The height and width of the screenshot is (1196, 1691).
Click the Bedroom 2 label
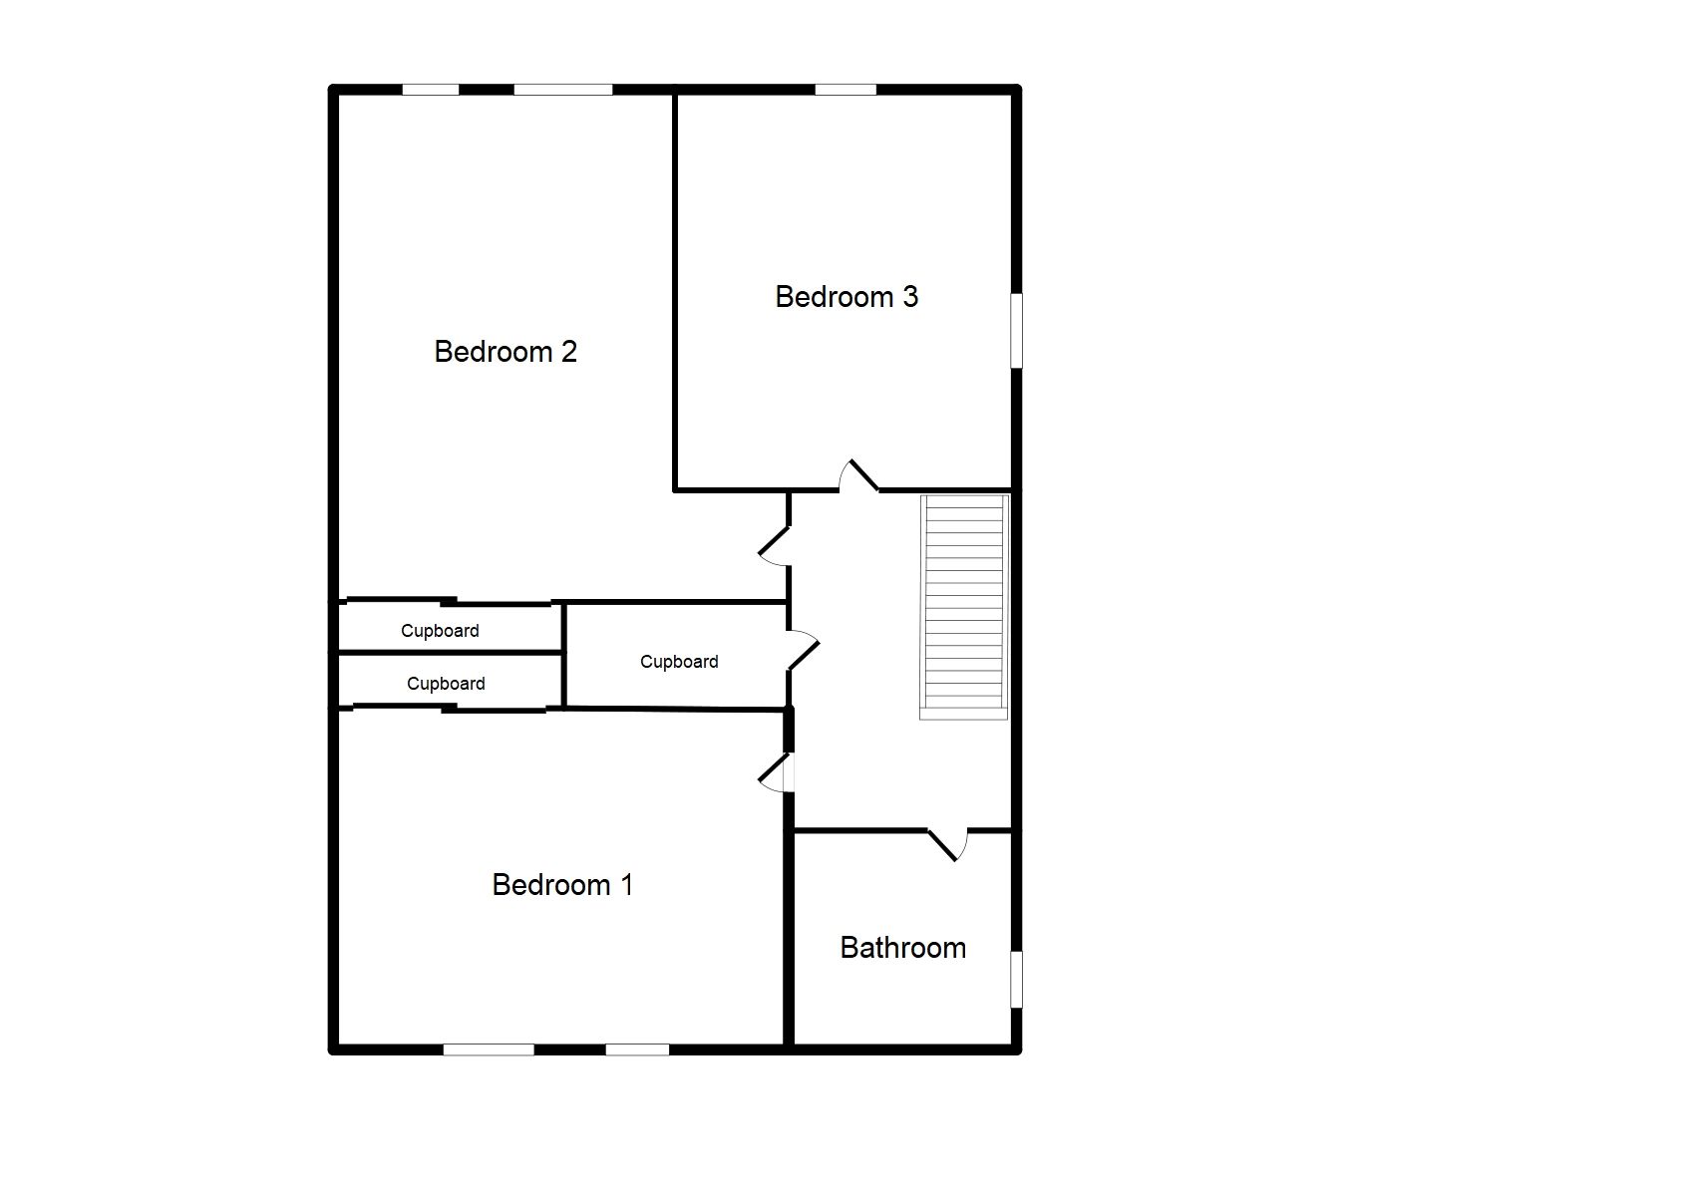coord(506,352)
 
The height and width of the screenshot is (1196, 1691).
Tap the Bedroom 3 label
coord(846,297)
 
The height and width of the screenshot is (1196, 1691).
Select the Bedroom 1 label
coord(562,885)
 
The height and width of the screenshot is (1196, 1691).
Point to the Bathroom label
coord(902,948)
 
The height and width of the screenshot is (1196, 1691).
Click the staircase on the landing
coord(964,606)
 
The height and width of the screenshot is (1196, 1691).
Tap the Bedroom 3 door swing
coord(857,476)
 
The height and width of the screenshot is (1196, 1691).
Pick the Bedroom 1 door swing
coord(776,772)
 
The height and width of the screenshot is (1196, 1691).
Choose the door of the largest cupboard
coord(802,651)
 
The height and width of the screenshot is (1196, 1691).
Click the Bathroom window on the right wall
coord(1016,979)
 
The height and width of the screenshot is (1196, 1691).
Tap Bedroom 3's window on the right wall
coord(1016,330)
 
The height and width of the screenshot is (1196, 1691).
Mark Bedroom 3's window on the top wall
coord(845,90)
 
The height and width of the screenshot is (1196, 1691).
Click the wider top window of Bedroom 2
coord(563,90)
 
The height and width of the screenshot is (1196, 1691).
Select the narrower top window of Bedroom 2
coord(431,90)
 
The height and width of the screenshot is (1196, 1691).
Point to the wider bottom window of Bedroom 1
coord(489,1048)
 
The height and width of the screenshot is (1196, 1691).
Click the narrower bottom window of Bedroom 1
coord(637,1048)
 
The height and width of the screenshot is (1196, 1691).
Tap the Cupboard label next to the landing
coord(679,662)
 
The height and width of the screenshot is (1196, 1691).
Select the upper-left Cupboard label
coord(440,631)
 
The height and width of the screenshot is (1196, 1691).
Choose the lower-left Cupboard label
coord(446,684)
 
